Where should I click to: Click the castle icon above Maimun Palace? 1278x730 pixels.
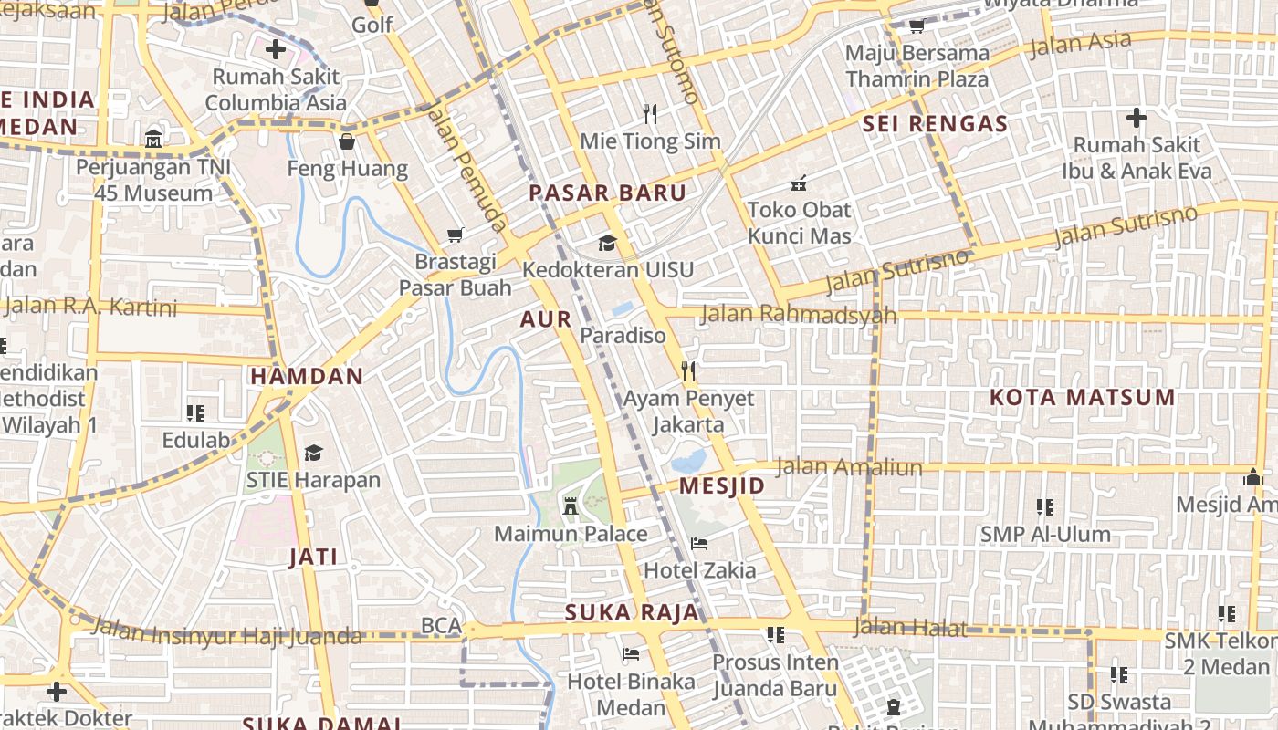pos(571,506)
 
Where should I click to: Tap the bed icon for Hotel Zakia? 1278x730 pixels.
pos(699,544)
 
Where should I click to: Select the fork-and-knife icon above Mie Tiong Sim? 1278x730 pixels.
pos(650,114)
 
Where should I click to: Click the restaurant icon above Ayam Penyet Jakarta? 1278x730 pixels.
pos(688,371)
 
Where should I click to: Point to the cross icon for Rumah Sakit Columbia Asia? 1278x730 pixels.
pos(275,49)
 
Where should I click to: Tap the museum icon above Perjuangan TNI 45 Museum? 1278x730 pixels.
pos(153,141)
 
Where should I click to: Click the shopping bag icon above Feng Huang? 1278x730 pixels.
pos(347,141)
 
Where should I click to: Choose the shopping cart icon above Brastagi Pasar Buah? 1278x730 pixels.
pos(456,235)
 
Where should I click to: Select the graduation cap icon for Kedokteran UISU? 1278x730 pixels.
pos(607,243)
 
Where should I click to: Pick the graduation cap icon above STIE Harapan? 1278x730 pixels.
pos(313,453)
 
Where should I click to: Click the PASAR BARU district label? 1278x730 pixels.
pos(607,193)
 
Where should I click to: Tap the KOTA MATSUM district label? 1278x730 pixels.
pos(1082,397)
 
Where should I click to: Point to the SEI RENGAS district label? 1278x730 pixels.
pos(935,124)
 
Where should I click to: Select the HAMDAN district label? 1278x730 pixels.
pos(307,376)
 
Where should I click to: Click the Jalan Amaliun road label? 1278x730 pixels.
pos(848,467)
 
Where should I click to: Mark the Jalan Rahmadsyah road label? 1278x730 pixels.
pos(798,315)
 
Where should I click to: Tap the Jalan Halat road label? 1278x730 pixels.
pos(909,627)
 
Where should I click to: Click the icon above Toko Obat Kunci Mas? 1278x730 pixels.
pos(799,182)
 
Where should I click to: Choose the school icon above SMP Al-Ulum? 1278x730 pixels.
pos(1044,506)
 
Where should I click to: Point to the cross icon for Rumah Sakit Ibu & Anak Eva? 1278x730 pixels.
pos(1136,118)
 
